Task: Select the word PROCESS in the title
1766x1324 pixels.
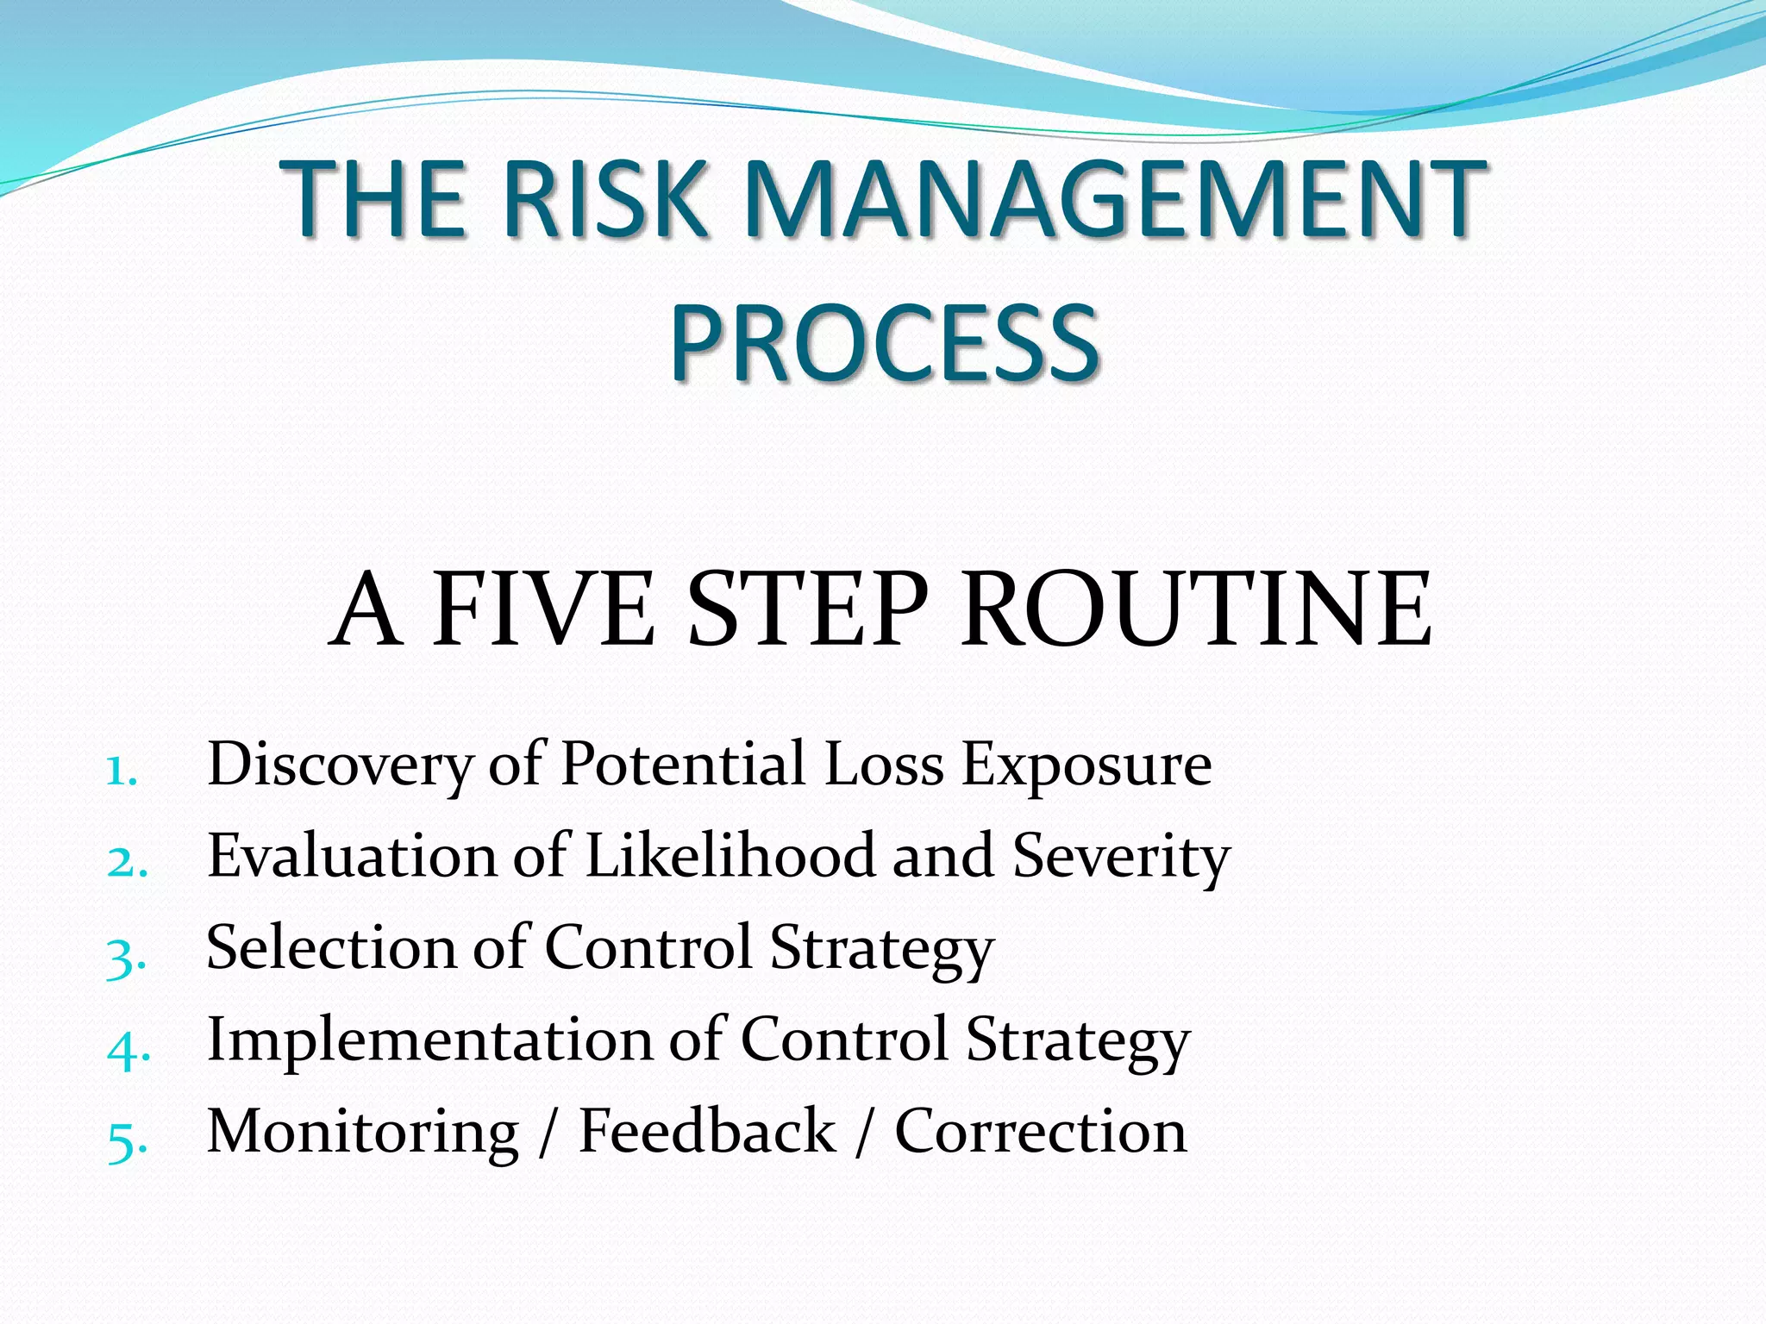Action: pos(885,343)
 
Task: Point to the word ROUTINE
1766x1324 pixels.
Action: pos(1196,609)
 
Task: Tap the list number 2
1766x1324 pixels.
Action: pos(126,862)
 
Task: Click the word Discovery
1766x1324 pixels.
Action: pos(340,765)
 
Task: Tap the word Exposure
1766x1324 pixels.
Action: pos(1087,765)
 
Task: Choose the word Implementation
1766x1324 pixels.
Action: pos(429,1040)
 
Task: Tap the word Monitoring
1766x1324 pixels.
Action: pos(363,1133)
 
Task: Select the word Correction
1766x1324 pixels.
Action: pos(1041,1131)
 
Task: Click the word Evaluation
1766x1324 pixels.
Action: pos(353,856)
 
